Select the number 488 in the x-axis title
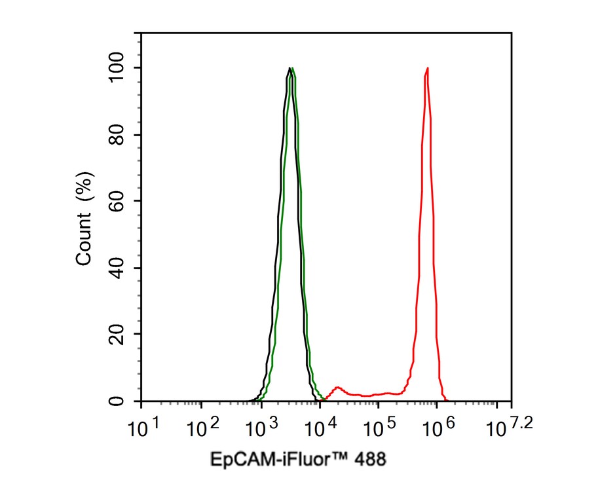(369, 459)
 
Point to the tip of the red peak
(427, 68)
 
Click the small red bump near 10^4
(337, 388)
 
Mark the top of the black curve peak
(289, 68)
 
